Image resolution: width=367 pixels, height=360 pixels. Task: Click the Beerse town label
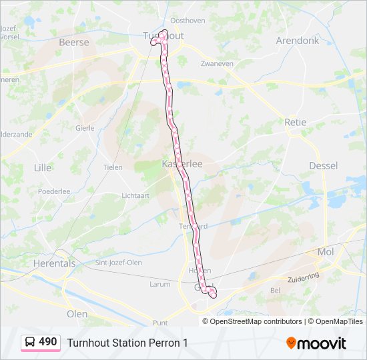point(73,42)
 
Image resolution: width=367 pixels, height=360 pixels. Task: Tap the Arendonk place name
point(297,41)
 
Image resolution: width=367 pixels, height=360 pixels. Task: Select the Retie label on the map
point(295,123)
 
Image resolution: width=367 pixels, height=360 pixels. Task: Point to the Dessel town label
point(324,165)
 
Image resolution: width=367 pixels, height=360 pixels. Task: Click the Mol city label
point(326,251)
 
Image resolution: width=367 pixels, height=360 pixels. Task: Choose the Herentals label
point(54,263)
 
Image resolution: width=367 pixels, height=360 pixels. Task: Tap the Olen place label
point(77,313)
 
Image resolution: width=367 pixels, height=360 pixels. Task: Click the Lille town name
point(42,167)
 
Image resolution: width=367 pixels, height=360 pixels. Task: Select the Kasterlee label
point(181,163)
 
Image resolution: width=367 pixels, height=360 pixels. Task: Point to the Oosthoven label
point(188,21)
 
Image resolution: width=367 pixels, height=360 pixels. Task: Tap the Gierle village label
point(85,127)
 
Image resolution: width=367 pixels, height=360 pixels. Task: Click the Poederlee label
point(54,191)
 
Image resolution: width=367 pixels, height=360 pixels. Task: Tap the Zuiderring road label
point(303,276)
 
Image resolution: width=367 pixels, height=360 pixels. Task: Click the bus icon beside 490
point(30,342)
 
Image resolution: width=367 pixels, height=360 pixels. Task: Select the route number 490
point(48,342)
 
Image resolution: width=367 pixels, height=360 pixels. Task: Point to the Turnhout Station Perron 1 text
point(127,343)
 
